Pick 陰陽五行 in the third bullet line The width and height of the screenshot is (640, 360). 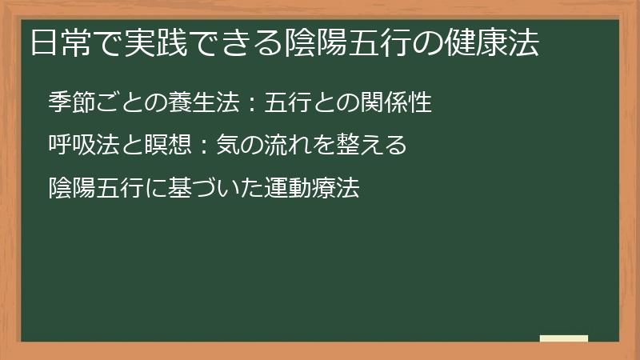(x=95, y=188)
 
